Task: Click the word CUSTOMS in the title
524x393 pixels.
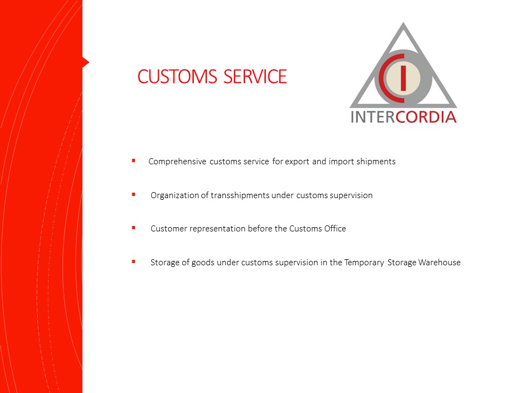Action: (x=177, y=76)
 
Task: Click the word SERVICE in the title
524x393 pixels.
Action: (x=255, y=76)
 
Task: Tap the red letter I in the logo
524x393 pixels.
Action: (x=403, y=78)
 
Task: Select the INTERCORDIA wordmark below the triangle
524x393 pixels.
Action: (x=403, y=117)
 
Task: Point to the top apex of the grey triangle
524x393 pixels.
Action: (x=403, y=23)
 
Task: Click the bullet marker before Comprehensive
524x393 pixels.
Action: (x=134, y=160)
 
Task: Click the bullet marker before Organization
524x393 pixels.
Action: (x=134, y=194)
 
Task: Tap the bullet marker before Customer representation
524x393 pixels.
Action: (x=134, y=228)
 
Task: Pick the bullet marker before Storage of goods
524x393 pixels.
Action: (x=134, y=261)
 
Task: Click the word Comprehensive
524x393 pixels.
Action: (x=177, y=162)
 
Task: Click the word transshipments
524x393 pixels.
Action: (x=240, y=195)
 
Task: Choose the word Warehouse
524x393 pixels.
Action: (x=439, y=263)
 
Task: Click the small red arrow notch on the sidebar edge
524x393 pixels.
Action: (x=86, y=62)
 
